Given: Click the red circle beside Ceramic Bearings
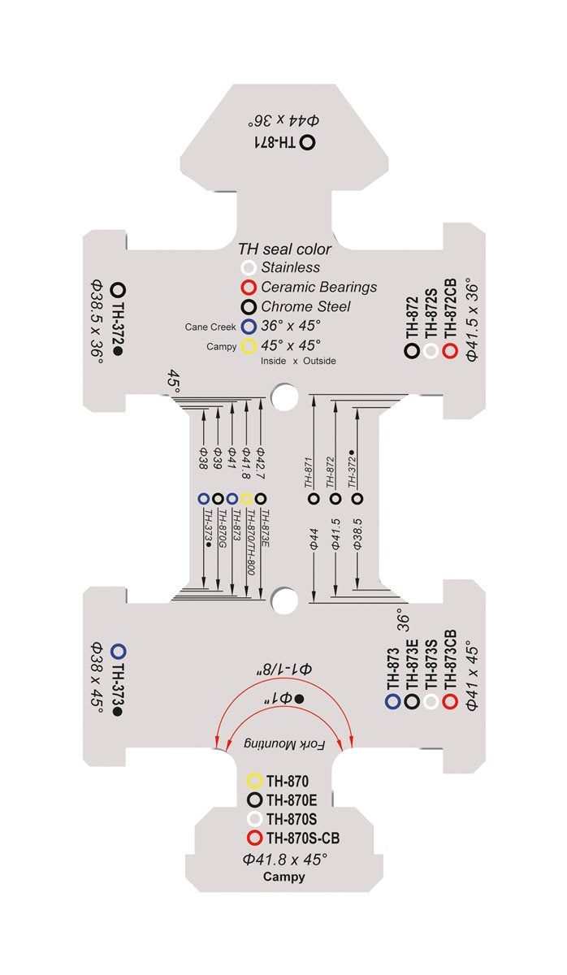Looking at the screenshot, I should [x=249, y=288].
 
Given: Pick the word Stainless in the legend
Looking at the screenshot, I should [x=290, y=267].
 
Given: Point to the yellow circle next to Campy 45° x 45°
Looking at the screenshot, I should [x=249, y=346].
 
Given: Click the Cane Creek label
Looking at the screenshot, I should [x=210, y=327].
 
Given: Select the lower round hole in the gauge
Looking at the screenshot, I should [x=283, y=600].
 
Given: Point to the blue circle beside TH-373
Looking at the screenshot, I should [x=119, y=651].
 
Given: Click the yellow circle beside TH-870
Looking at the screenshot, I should [x=254, y=781].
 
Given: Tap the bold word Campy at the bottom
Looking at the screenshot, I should [x=284, y=877].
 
